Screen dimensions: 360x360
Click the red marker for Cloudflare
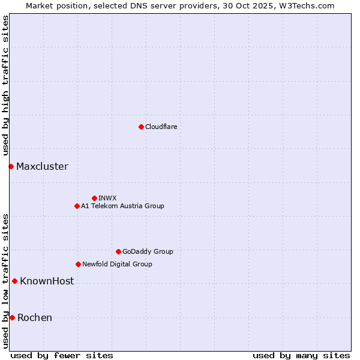coord(141,127)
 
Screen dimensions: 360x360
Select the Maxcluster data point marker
coord(11,166)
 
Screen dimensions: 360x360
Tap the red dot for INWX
coord(94,198)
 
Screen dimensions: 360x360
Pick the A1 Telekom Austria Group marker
coord(77,206)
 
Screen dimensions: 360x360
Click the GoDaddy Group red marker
coord(118,251)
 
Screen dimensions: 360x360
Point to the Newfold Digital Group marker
coord(78,264)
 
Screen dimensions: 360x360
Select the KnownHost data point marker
coord(14,281)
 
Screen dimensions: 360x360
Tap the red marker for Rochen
coord(12,317)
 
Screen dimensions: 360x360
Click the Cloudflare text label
coord(161,127)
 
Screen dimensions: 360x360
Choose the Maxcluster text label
coord(42,166)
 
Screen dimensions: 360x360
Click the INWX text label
coord(107,198)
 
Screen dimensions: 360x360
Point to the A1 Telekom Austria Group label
coord(122,206)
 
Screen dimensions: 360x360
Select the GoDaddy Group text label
coord(148,251)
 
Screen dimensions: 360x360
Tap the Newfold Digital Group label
coord(117,264)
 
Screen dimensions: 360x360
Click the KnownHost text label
coord(47,281)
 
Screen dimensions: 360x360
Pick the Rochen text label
coord(35,317)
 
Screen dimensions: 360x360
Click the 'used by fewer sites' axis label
coord(62,355)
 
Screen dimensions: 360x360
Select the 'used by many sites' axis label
coord(301,355)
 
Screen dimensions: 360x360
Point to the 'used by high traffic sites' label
coord(5,86)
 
